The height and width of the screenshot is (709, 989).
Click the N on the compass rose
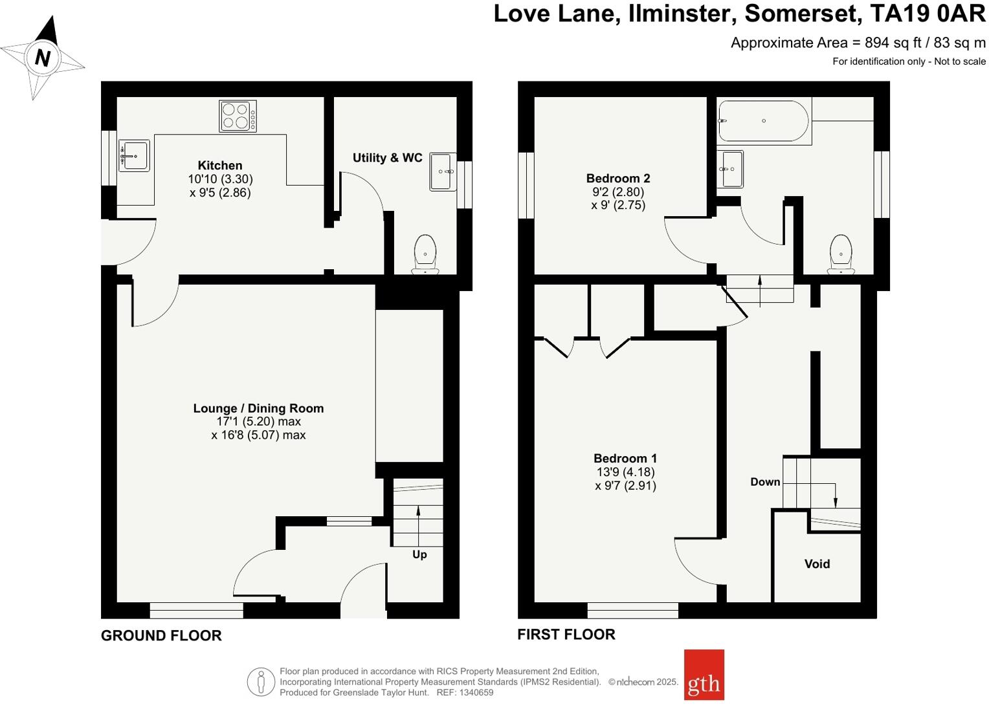[43, 58]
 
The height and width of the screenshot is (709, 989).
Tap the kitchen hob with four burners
[238, 116]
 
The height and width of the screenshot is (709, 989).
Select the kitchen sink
[135, 156]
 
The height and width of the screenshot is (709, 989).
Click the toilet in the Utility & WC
[425, 254]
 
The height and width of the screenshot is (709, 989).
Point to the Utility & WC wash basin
[443, 171]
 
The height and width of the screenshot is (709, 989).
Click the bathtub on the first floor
[764, 121]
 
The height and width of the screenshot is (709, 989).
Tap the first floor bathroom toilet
[841, 254]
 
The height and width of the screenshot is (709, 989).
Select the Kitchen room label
[220, 166]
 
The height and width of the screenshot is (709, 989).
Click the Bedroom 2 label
[618, 179]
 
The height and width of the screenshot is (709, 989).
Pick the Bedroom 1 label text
[625, 459]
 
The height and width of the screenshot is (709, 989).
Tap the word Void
[817, 564]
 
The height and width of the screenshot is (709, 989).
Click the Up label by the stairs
[419, 554]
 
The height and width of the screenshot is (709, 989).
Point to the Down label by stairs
[765, 482]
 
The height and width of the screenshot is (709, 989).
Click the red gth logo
[704, 675]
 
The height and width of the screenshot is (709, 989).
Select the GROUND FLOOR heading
[161, 636]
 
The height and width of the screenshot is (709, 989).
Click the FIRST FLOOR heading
[566, 635]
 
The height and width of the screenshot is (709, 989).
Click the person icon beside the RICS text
[261, 682]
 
